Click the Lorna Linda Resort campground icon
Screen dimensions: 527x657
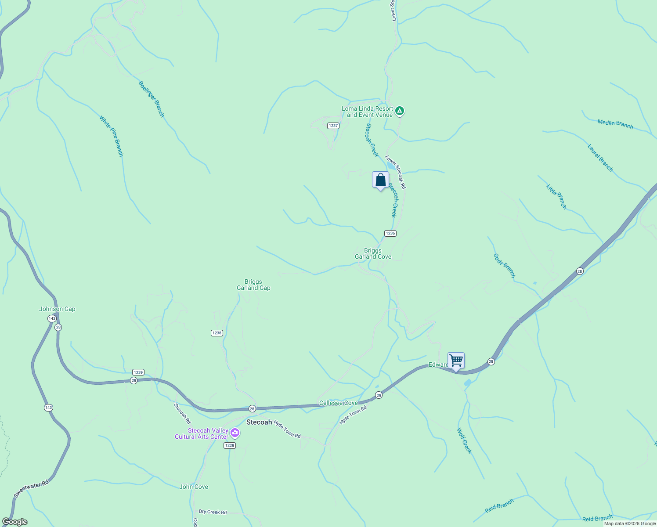tap(399, 111)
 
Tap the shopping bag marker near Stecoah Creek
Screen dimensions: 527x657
tap(380, 180)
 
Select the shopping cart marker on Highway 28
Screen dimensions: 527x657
tap(456, 361)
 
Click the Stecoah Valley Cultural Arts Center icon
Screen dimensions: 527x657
tap(235, 433)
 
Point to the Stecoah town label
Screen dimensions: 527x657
tap(259, 422)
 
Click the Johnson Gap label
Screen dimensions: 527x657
tap(57, 309)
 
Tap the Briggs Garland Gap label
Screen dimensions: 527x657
tap(253, 285)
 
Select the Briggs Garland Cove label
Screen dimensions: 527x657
tap(373, 254)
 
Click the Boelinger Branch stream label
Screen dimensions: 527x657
tap(151, 99)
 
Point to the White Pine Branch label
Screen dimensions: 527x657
tap(111, 136)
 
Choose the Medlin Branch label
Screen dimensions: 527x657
tap(615, 124)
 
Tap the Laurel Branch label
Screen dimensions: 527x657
tap(600, 158)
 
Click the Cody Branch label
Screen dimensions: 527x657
tap(504, 266)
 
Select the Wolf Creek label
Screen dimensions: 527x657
tap(464, 441)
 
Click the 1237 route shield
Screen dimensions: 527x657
tap(333, 126)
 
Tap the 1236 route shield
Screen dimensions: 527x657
tap(390, 233)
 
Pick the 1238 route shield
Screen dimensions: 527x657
tap(217, 333)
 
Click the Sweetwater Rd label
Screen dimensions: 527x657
tap(31, 489)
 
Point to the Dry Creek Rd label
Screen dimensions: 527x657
tap(213, 512)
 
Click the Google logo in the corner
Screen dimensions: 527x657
tap(15, 522)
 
